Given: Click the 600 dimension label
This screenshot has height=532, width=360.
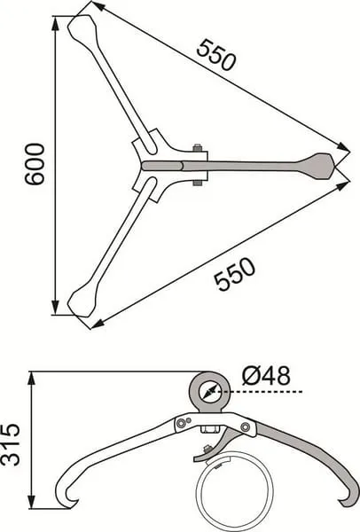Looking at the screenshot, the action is [x=35, y=164].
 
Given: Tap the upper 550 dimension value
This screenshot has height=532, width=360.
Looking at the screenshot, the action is [x=215, y=55].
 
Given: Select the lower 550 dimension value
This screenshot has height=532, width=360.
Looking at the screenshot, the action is [x=235, y=274].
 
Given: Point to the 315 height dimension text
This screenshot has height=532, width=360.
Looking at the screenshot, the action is [x=10, y=444].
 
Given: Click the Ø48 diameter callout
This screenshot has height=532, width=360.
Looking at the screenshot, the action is [x=266, y=376].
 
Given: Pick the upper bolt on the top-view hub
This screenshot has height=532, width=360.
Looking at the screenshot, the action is [x=197, y=148].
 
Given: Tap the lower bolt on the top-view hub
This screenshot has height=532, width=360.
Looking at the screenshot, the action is [x=197, y=183].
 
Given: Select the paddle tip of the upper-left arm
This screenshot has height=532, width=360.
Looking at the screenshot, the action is [x=81, y=30].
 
